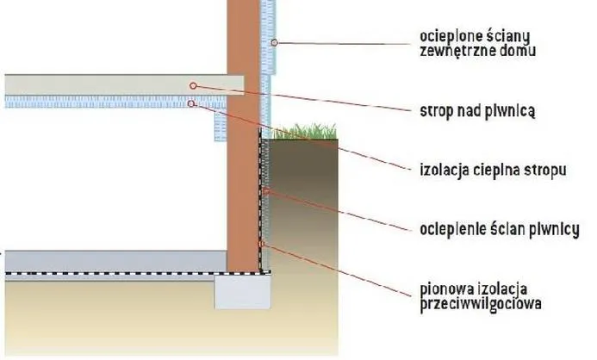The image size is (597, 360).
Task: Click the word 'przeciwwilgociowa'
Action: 481,304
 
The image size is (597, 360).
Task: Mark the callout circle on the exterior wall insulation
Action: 274,42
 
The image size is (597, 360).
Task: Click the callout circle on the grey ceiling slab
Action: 193,86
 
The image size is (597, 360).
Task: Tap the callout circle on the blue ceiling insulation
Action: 190,103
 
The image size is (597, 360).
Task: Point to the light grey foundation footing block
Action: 243,291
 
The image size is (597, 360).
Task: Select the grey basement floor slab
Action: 116,262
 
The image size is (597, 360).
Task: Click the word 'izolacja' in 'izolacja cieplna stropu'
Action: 445,171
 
